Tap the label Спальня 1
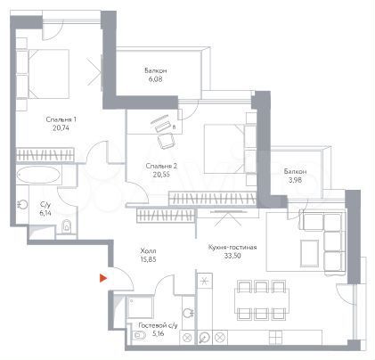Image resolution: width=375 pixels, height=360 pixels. click(62, 119)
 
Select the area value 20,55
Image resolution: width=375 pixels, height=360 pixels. click(162, 175)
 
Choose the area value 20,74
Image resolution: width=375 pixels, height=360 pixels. click(62, 129)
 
